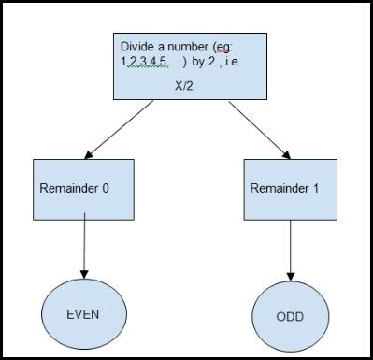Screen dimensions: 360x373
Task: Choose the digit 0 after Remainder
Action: pos(106,188)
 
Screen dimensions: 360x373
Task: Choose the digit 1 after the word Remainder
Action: pos(317,186)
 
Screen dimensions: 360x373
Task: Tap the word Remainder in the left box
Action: pos(68,188)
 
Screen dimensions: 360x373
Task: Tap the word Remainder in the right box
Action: pos(280,186)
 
